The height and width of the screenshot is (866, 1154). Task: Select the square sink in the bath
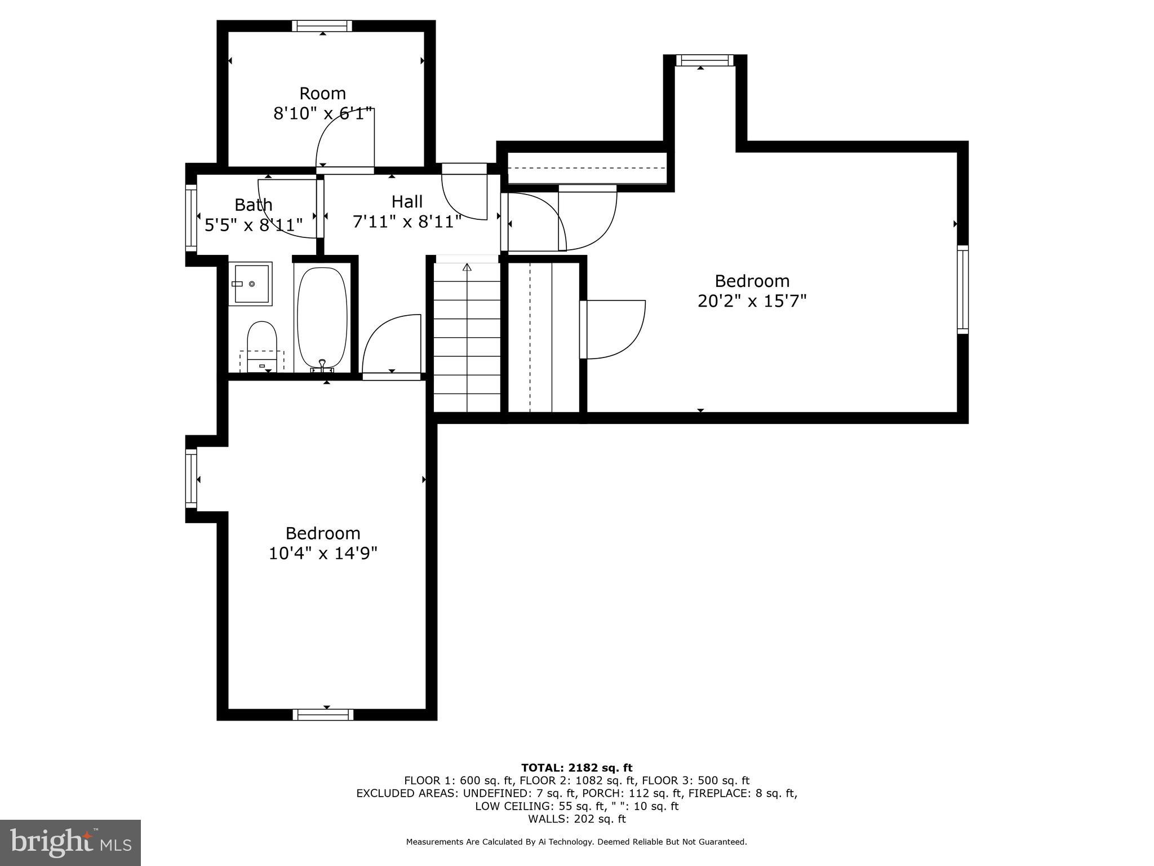250,284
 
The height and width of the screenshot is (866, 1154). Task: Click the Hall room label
407,201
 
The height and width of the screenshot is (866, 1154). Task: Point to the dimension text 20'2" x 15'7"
752,301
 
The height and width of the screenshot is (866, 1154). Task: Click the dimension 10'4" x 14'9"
322,554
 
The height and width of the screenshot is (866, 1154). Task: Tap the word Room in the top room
322,93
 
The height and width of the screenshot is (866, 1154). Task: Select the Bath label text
254,204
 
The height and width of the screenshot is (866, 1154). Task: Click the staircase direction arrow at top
467,267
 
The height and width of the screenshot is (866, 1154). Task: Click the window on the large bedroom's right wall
962,290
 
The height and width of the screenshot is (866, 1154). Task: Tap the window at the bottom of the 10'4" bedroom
323,715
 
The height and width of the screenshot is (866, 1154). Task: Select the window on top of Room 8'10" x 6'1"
322,26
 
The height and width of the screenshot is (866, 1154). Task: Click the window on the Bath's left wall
191,218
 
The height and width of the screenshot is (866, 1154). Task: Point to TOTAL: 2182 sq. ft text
576,768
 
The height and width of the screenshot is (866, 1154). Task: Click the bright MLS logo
70,842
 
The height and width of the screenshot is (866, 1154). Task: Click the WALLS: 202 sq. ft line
576,819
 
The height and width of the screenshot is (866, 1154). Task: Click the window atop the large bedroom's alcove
704,60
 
